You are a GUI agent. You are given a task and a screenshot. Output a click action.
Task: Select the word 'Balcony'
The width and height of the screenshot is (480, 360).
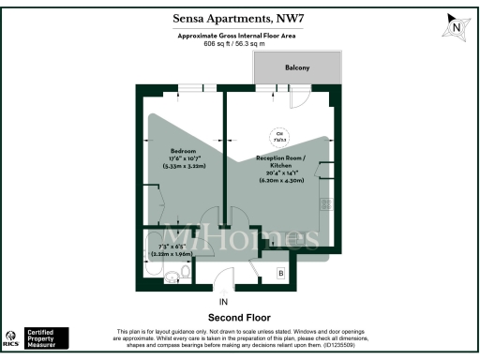pos(297,68)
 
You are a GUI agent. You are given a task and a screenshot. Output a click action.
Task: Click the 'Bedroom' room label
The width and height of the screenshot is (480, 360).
pos(183,151)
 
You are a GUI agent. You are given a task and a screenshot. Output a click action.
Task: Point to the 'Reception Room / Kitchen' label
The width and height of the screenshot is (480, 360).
pos(283,163)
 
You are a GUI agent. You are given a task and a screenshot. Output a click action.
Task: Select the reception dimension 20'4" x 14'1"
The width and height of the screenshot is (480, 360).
pos(282,172)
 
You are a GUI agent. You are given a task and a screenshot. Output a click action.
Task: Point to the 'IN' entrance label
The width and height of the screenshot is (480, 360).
pos(223,302)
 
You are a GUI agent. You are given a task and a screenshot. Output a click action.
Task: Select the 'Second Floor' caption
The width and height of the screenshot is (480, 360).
pos(240,317)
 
